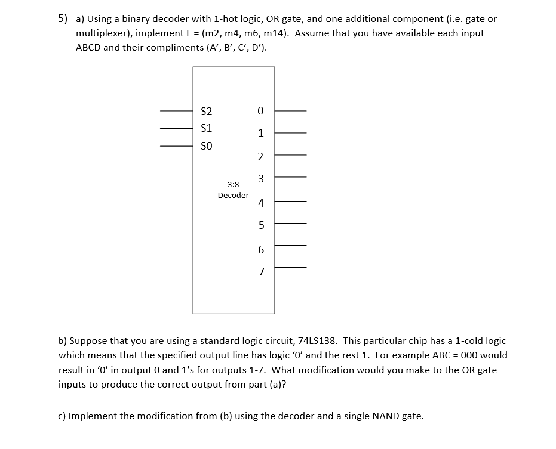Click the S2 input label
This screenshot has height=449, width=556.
pos(207,111)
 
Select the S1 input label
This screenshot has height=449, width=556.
pos(207,128)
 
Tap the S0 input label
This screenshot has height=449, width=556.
pos(207,145)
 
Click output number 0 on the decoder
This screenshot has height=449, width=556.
pos(260,111)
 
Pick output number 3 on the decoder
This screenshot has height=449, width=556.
pos(260,178)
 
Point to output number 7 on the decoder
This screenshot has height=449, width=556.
pos(260,272)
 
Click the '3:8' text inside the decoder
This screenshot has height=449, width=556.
pos(233,185)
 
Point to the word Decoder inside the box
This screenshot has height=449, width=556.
pos(233,195)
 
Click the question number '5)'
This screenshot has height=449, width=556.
pos(63,18)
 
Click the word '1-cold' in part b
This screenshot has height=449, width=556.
pos(459,341)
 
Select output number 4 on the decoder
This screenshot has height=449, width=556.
pos(260,203)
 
